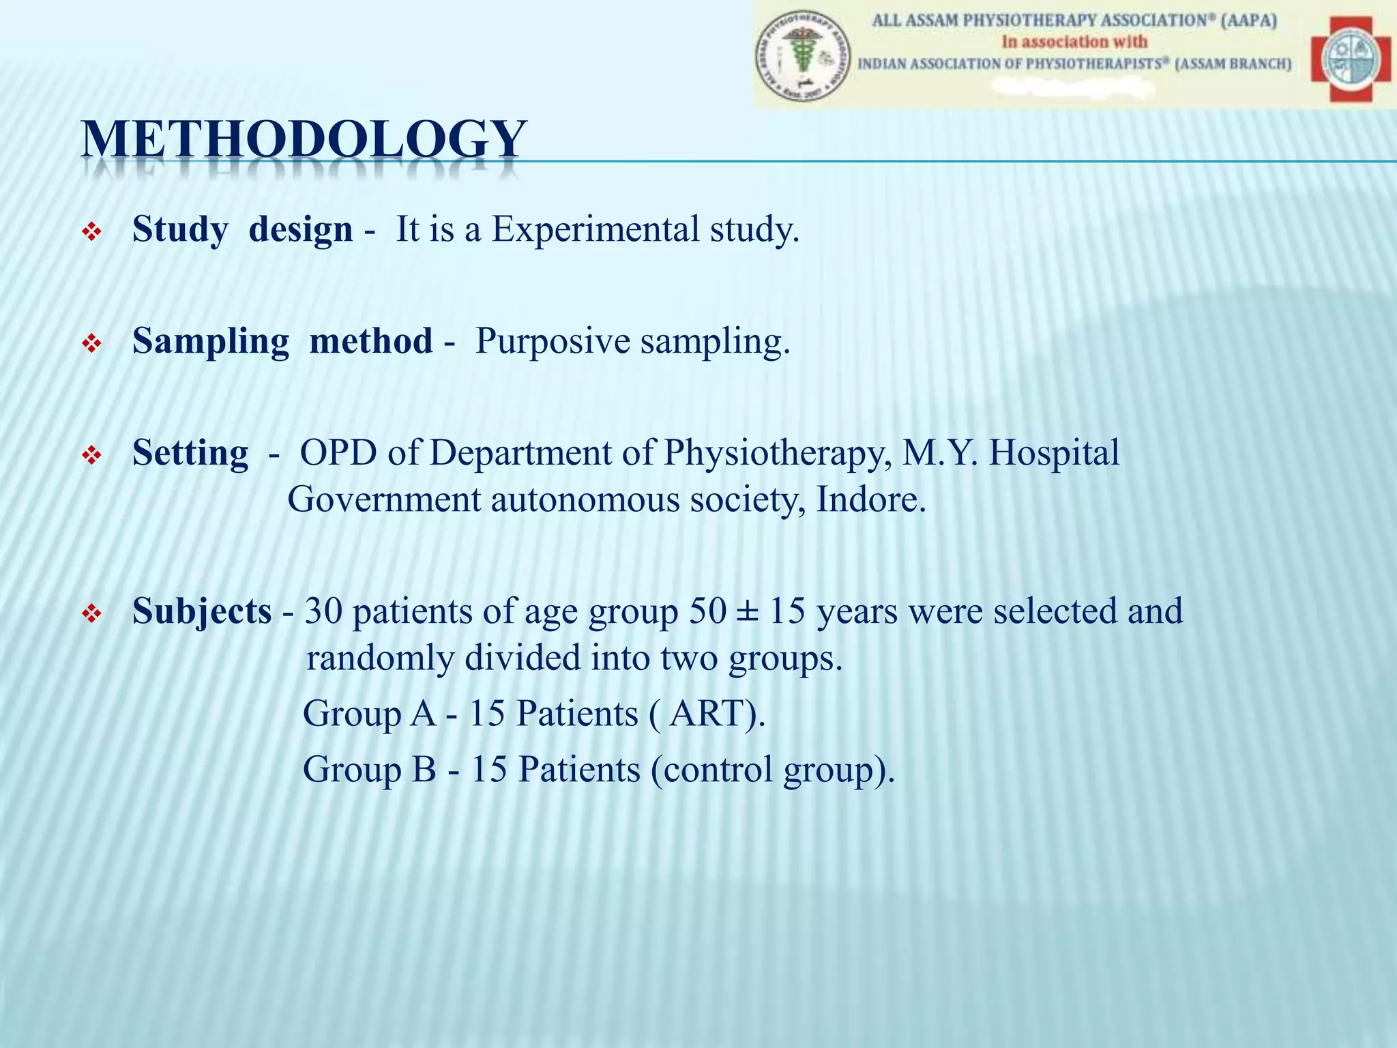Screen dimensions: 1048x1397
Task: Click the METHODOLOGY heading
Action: pos(304,141)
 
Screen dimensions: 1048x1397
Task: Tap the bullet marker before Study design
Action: pos(91,233)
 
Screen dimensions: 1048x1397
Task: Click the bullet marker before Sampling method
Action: pos(91,345)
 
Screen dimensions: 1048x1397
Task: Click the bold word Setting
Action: pos(190,452)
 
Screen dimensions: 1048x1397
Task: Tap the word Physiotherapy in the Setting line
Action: pos(778,452)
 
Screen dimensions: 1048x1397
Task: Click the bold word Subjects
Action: pos(202,611)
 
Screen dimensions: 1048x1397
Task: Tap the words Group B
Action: pos(369,770)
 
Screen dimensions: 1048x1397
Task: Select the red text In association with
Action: pos(1074,42)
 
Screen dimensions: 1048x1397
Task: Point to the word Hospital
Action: pos(1054,452)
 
